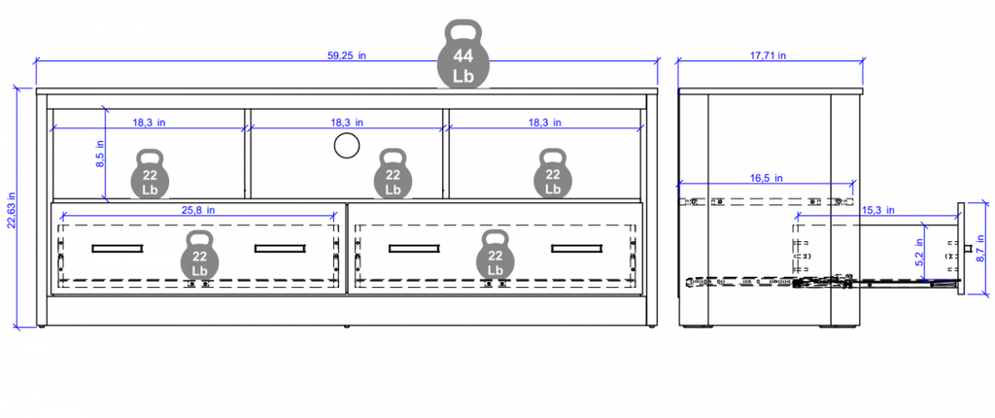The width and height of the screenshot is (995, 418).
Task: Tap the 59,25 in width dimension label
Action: coord(347,55)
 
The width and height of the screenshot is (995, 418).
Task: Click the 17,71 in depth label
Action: coord(769,55)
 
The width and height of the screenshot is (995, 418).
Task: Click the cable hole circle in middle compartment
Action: coord(347,146)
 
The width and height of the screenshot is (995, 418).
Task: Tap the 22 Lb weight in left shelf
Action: coord(150,173)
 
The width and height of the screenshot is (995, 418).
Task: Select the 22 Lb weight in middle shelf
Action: coord(393,173)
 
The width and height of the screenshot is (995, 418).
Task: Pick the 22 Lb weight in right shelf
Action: coord(553,173)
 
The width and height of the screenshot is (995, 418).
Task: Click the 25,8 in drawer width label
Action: coord(200,209)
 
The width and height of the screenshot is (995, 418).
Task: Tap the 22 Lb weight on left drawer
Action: coord(200,255)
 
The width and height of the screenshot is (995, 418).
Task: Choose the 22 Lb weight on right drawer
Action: coord(496,255)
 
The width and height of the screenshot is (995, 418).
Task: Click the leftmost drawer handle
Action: coord(117,249)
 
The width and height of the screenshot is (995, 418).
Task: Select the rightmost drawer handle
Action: coord(576,249)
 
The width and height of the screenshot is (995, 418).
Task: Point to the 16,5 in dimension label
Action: coord(768,179)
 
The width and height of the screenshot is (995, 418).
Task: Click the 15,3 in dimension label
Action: coord(879,210)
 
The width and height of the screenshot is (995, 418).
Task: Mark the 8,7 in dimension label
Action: coord(981,249)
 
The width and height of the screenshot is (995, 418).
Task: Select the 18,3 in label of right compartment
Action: coord(545,122)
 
